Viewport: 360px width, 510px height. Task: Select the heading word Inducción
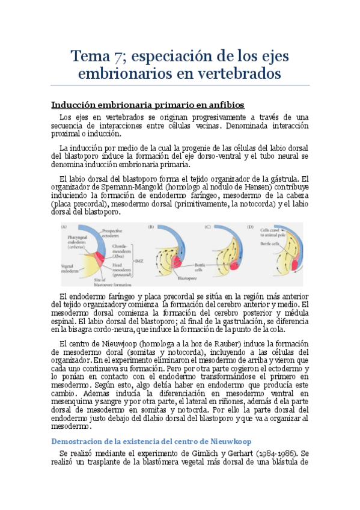[x=75, y=105]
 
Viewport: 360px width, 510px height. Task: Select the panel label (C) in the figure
[x=207, y=227]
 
